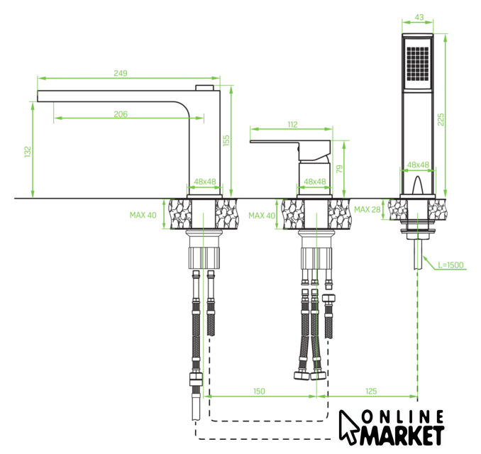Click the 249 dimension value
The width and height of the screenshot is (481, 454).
click(121, 73)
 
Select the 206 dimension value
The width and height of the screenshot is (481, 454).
click(121, 114)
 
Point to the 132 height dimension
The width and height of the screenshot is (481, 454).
click(28, 152)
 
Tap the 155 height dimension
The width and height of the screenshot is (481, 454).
click(226, 140)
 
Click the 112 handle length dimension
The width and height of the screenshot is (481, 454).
click(292, 125)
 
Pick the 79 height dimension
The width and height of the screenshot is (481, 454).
click(339, 169)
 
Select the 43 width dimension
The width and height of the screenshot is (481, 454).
click(419, 17)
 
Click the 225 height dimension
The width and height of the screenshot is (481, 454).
click(441, 119)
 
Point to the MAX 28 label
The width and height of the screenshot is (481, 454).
click(367, 209)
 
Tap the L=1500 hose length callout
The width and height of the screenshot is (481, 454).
click(450, 265)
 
